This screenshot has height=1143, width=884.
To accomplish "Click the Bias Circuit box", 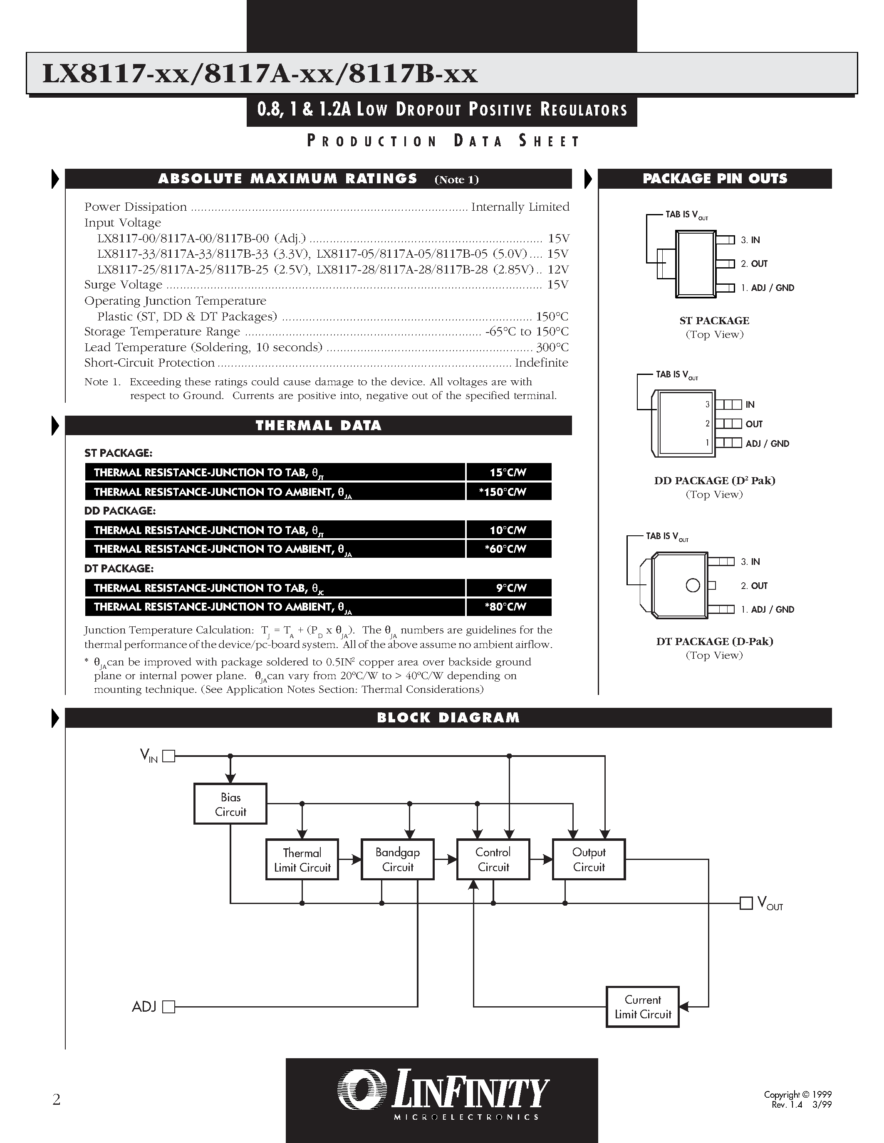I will point(230,804).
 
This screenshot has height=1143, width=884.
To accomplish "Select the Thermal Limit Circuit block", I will point(302,860).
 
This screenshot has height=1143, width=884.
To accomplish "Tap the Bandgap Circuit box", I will point(397,860).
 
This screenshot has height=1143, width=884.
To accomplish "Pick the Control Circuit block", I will point(493,860).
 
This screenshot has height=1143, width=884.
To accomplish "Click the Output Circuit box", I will point(589,860).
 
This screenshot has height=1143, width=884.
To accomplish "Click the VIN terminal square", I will point(168,756).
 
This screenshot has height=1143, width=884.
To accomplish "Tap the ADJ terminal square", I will point(168,1006).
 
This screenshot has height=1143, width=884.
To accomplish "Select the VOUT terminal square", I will point(746,903).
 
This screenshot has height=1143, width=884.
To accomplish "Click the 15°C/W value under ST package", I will point(508,472).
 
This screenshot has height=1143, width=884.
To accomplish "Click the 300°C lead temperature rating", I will point(552,347).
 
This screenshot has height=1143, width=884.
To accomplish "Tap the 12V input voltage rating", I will point(558,269).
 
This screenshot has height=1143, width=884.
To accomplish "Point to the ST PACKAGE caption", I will point(714,320).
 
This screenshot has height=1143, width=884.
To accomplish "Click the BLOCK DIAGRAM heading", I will point(448,717).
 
